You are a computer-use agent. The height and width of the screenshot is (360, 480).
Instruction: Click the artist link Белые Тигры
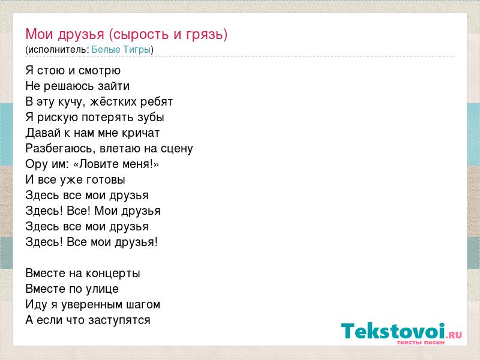point(121,50)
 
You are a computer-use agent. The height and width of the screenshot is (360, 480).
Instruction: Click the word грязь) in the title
point(206,35)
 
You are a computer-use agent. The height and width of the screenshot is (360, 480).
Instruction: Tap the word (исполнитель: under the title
point(57,50)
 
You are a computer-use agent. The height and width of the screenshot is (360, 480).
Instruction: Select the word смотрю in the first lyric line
point(100,71)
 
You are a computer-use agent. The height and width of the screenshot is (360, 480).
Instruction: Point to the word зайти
point(113,86)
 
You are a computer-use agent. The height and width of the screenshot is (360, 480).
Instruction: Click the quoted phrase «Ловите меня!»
point(116,164)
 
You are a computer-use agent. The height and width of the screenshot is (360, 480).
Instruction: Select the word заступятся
point(119,320)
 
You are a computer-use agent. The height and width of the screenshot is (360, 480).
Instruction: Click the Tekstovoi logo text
point(393,331)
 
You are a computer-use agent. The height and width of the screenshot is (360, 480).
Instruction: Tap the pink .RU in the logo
point(454,335)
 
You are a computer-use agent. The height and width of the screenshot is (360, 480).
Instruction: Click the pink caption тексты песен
point(421,342)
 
